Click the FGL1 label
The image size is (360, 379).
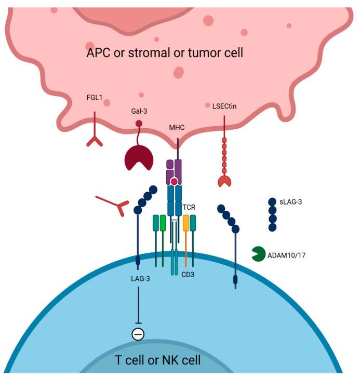click(x=94, y=97)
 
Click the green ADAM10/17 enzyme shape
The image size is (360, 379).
click(x=259, y=254)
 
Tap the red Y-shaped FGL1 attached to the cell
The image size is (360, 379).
click(x=94, y=136)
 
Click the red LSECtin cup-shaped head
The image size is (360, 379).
click(x=224, y=181)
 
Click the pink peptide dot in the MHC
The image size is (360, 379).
click(x=174, y=182)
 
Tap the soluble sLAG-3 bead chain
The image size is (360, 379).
click(x=272, y=214)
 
